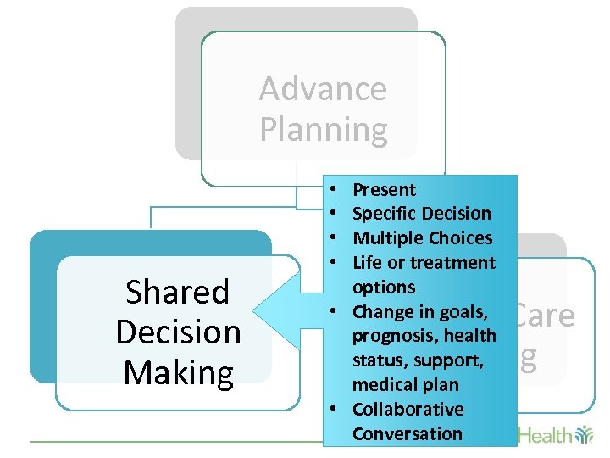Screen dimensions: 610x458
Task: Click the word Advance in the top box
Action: pyautogui.click(x=323, y=88)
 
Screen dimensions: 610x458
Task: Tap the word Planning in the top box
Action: pyautogui.click(x=323, y=129)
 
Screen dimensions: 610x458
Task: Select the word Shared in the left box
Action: pyautogui.click(x=178, y=292)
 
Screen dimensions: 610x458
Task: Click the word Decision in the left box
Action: pyautogui.click(x=178, y=332)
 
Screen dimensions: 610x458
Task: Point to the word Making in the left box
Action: pyautogui.click(x=178, y=372)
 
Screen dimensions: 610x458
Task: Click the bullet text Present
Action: pyautogui.click(x=384, y=189)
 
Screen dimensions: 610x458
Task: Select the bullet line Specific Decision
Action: pyautogui.click(x=421, y=214)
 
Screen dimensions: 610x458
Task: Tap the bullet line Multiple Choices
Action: pyautogui.click(x=422, y=237)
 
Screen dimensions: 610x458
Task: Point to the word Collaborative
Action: pyautogui.click(x=408, y=410)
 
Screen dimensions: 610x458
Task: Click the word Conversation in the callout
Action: pyautogui.click(x=407, y=434)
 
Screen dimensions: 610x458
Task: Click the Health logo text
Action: pyautogui.click(x=545, y=435)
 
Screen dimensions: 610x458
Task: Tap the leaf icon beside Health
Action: pyautogui.click(x=584, y=435)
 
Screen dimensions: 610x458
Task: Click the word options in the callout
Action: pyautogui.click(x=383, y=287)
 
